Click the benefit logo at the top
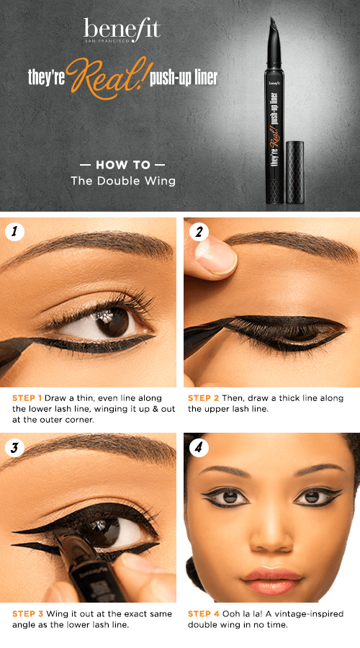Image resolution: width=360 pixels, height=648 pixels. click(122, 30)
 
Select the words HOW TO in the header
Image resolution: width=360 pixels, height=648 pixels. click(122, 163)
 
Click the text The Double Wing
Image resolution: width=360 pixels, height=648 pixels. click(122, 181)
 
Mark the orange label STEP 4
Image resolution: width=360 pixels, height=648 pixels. click(203, 614)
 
